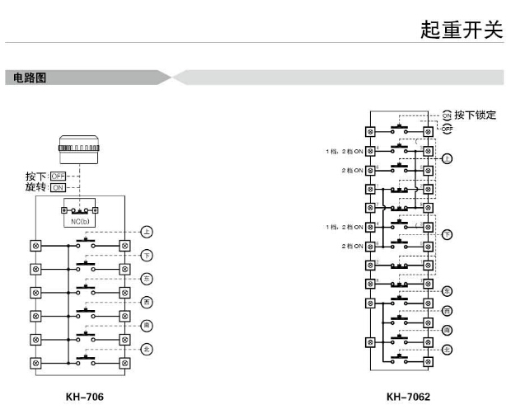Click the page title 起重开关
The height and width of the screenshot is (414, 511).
(461, 29)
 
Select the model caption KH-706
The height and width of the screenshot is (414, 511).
(85, 397)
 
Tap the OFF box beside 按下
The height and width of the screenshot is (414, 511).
(59, 176)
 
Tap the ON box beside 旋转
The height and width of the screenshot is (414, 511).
(59, 187)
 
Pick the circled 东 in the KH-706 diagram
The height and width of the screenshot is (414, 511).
(147, 280)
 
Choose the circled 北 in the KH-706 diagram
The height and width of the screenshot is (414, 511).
(147, 349)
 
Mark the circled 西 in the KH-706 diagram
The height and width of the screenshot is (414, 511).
(147, 303)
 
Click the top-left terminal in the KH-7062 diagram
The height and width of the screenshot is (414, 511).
(370, 132)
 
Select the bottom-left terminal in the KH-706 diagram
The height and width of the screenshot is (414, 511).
(35, 362)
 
